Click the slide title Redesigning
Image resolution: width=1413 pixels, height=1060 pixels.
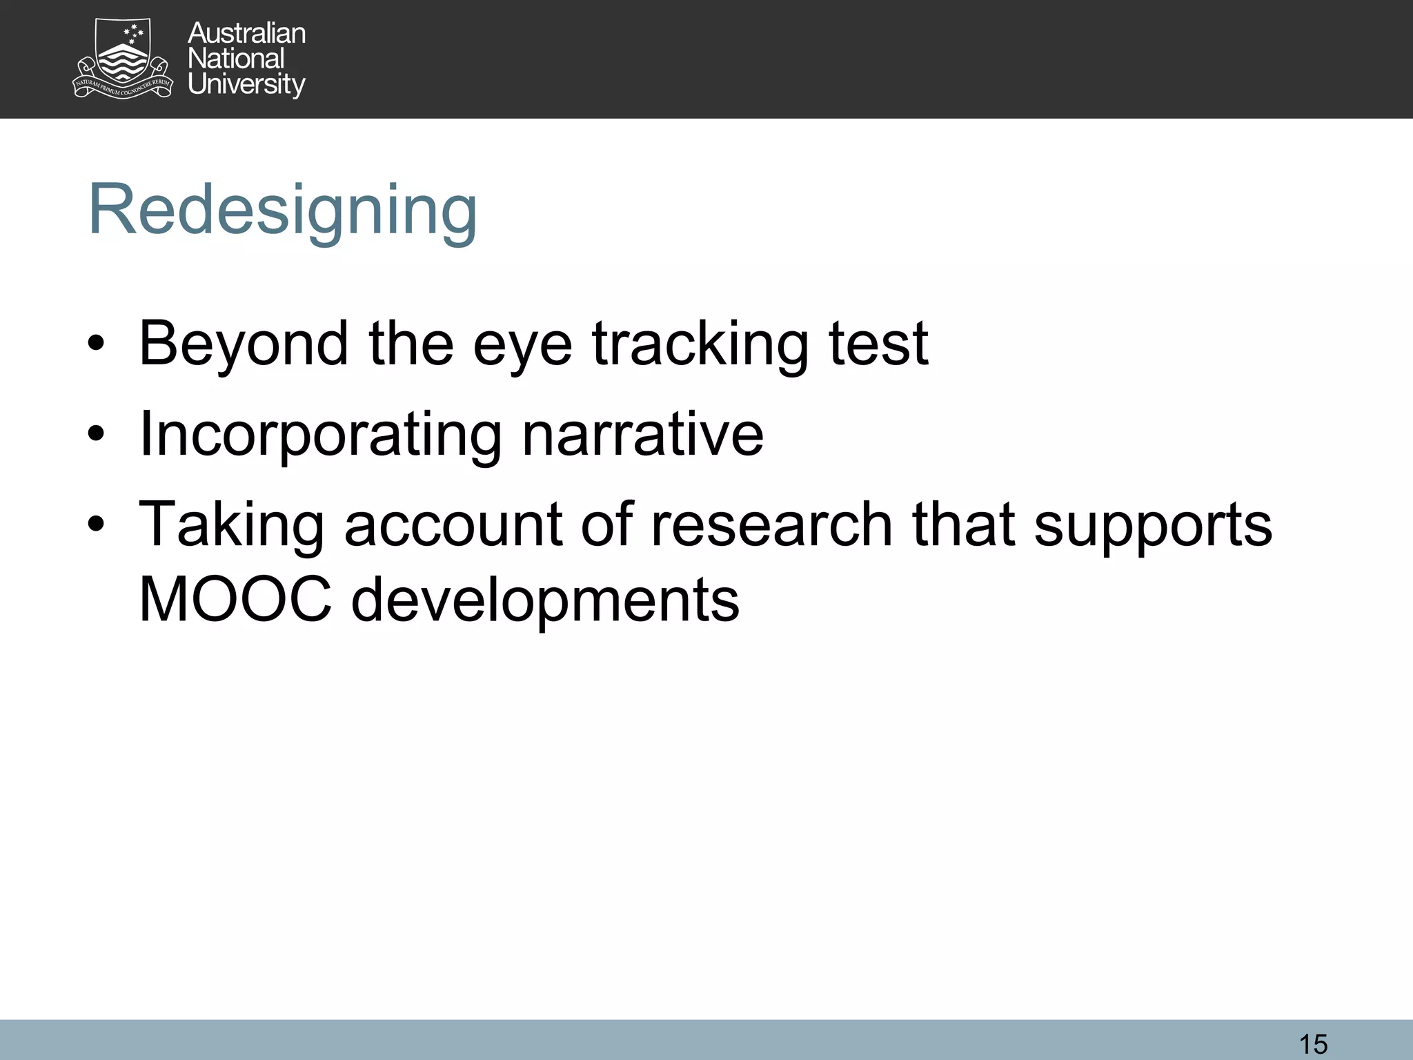(283, 210)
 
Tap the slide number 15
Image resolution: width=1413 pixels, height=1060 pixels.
(1313, 1043)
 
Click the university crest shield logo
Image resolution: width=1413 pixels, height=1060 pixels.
(123, 58)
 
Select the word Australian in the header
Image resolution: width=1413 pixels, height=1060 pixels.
(246, 33)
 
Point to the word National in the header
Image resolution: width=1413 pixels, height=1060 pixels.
(236, 59)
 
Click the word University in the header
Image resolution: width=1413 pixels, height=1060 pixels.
(246, 84)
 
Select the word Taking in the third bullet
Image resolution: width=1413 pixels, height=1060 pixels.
(231, 526)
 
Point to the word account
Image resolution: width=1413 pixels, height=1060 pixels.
(452, 526)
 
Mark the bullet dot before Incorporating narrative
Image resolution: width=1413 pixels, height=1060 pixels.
(96, 434)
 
